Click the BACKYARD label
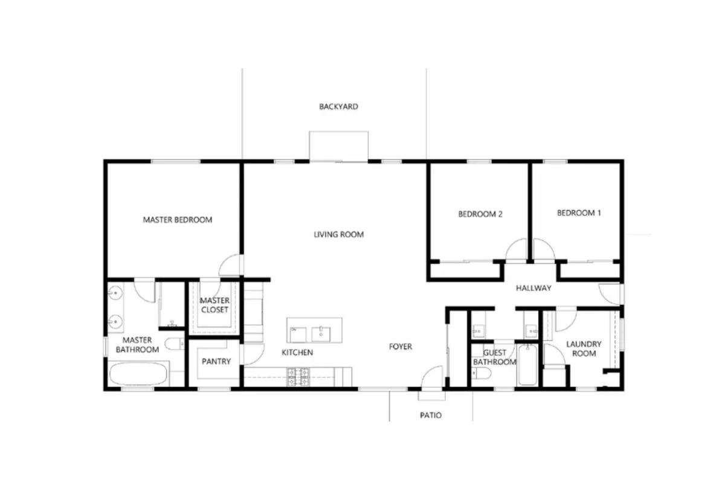(338, 107)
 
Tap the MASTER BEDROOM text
(177, 220)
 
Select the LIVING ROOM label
(338, 234)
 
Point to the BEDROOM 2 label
(480, 214)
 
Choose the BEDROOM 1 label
(579, 213)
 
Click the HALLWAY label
(533, 288)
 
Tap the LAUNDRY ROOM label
(584, 348)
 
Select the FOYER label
(400, 347)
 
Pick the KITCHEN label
(297, 352)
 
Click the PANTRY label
(216, 362)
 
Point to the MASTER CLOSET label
(214, 305)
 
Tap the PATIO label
(430, 415)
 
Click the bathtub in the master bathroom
(139, 374)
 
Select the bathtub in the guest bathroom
(527, 365)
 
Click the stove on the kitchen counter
(299, 377)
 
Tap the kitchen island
(314, 330)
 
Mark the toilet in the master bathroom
(174, 345)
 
